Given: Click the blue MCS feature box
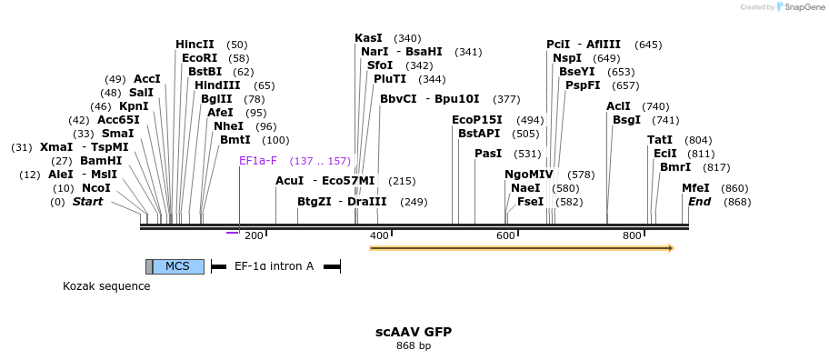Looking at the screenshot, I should pos(178,266).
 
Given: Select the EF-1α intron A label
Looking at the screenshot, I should pos(274,266).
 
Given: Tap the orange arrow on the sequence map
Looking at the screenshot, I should pos(520,247).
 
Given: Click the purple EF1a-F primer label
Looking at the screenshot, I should pos(257,161).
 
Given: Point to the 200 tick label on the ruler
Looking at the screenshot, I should pos(254,235).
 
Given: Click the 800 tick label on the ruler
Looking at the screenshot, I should pos(632,235).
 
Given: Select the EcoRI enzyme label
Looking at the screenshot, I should pos(199,58).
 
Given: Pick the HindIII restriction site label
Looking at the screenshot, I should pos(216,85).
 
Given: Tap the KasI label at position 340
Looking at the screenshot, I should pos(368,38).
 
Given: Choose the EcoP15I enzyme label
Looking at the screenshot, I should pos(476,120).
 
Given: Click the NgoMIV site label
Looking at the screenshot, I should pos(528,175).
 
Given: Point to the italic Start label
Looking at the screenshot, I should pos(87,202).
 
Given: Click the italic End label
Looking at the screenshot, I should pos(699,202).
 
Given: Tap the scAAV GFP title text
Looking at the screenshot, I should pos(414,332).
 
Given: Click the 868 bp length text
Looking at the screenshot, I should pos(414,345).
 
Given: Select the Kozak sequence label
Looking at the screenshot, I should pos(106,286).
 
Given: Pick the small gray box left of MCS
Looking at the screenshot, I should pos(149,266).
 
